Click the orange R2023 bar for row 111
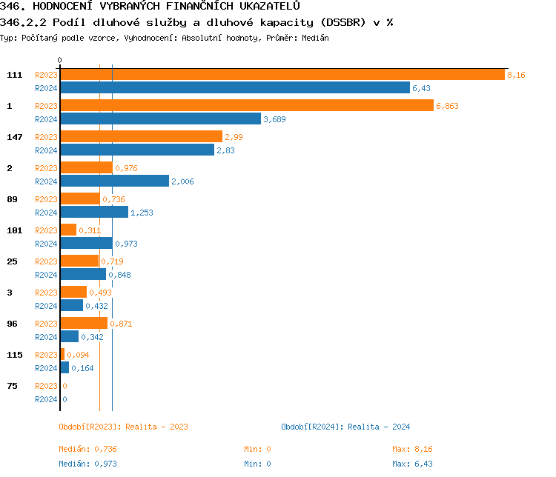point(282,75)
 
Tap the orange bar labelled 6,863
point(246,106)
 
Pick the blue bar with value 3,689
point(160,119)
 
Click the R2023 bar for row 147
point(141,137)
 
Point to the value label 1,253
point(141,213)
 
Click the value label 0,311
point(90,230)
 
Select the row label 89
point(12,199)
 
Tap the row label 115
point(14,355)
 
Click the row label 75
point(12,386)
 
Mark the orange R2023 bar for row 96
point(84,324)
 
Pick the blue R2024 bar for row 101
point(86,244)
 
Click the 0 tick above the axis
point(60,60)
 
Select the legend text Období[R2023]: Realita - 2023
point(123,427)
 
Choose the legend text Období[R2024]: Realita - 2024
point(345,427)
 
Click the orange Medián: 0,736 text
point(87,449)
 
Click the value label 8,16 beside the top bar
point(516,75)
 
